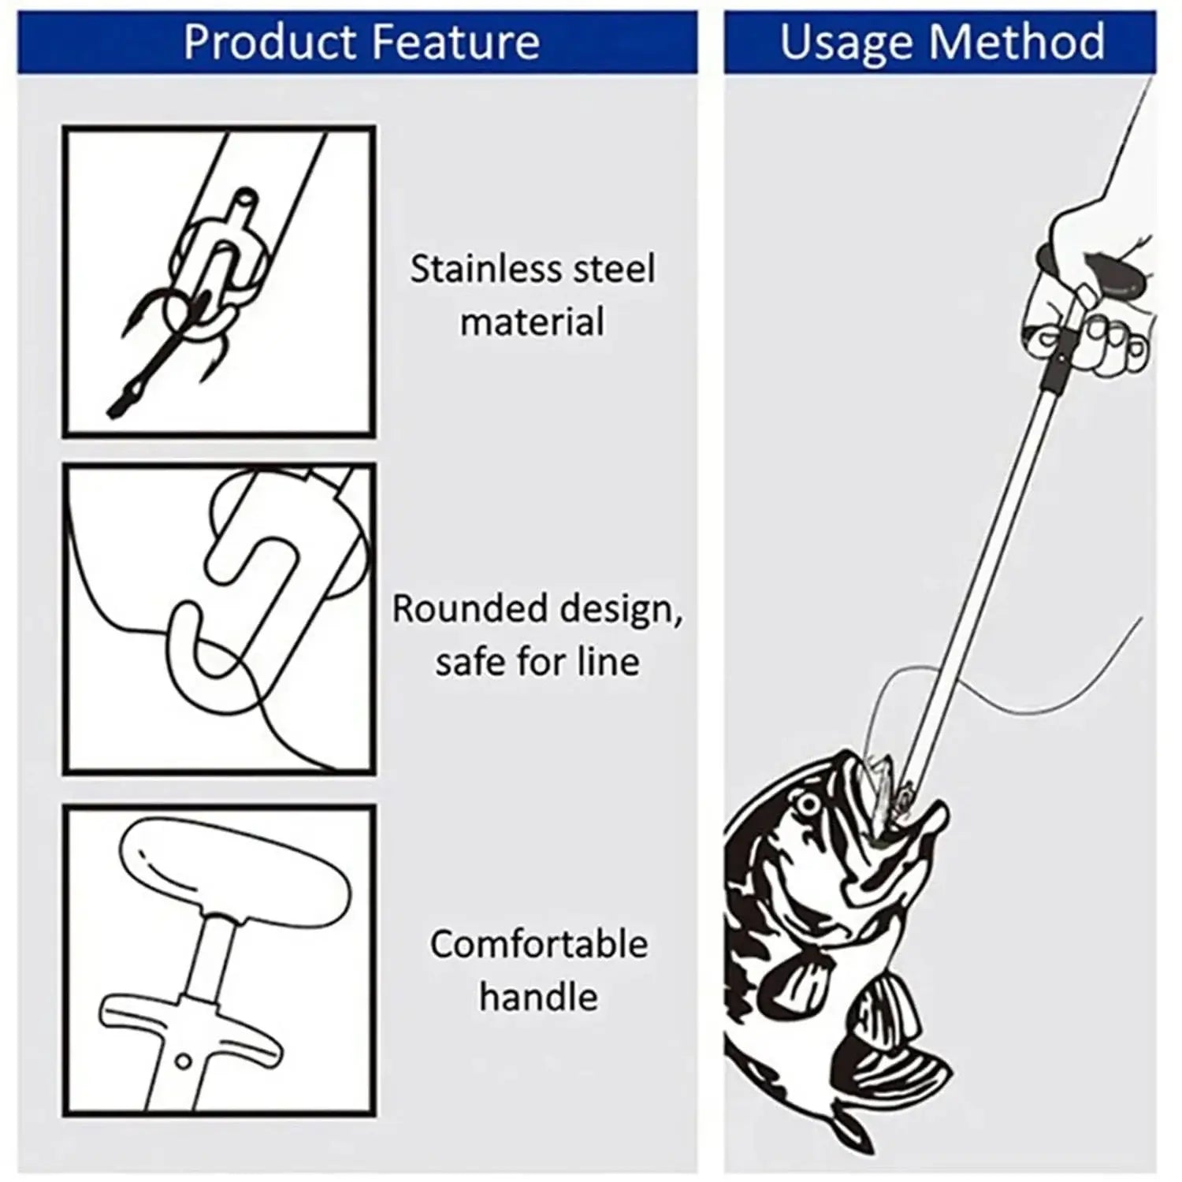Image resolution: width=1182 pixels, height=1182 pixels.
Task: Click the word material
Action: pos(533,322)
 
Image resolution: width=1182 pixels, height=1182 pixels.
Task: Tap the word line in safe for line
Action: pos(608,661)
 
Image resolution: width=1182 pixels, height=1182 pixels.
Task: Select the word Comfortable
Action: pos(539,944)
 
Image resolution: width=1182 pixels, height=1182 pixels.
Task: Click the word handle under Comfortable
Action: pos(539,997)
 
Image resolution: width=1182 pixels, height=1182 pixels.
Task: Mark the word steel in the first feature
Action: pos(613,269)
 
